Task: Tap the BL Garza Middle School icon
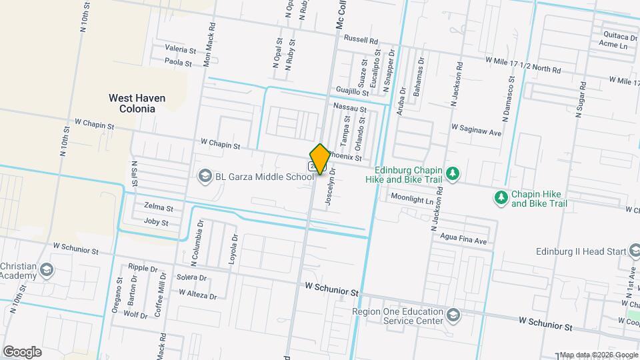(205, 176)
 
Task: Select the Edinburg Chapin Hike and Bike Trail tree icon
(453, 173)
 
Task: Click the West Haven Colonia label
(137, 103)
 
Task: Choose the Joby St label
(156, 221)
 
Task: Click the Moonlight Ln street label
(412, 199)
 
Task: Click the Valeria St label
(180, 50)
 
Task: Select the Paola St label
(178, 63)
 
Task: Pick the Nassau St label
(350, 107)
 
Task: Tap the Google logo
(21, 352)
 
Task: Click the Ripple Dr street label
(143, 267)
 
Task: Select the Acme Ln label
(613, 45)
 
